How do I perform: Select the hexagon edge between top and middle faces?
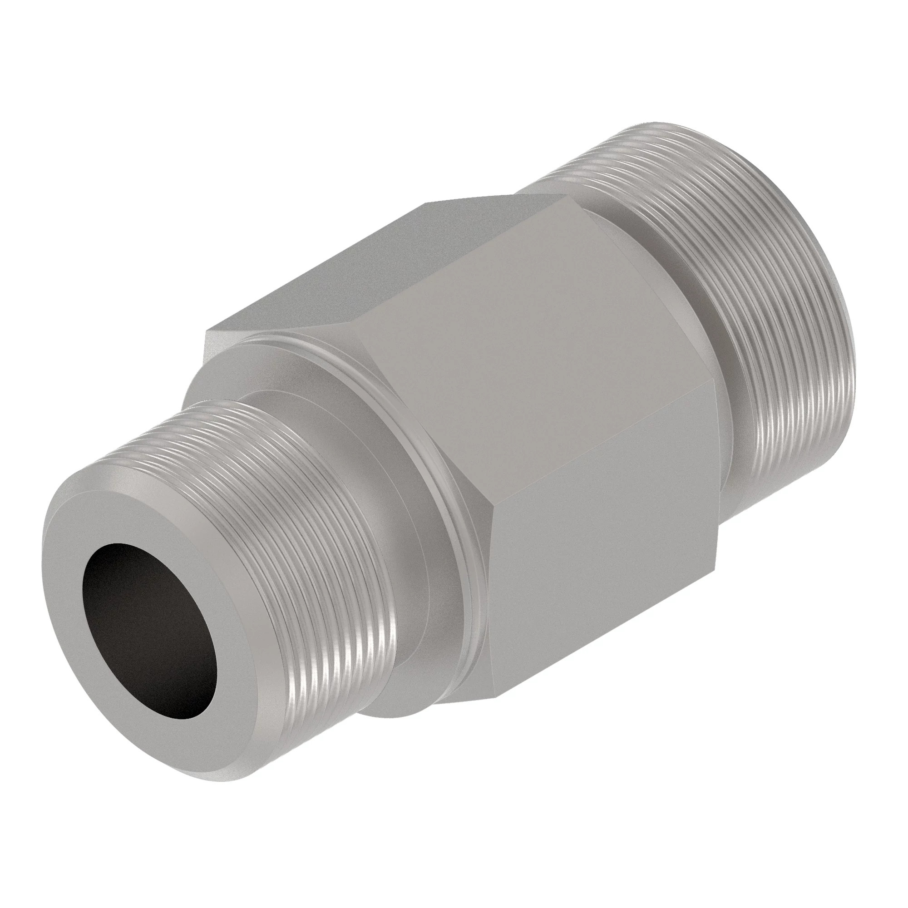[x=460, y=258]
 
